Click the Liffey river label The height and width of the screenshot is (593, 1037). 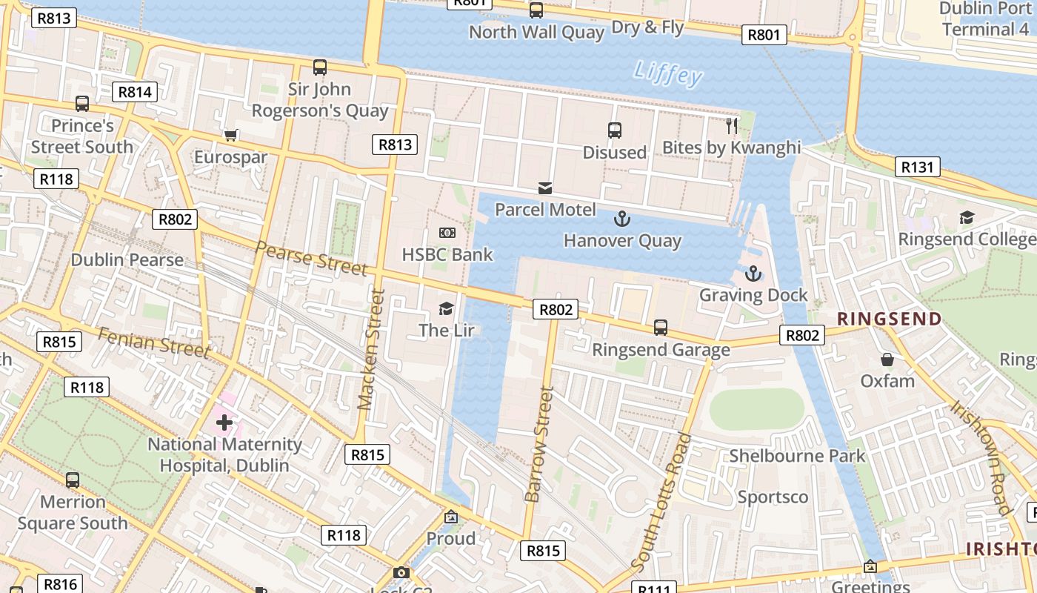(x=668, y=73)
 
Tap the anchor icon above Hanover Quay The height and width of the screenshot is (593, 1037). (x=622, y=219)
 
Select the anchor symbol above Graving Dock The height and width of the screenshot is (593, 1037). (x=753, y=274)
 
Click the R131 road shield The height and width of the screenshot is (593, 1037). (x=917, y=168)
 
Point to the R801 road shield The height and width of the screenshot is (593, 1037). (x=764, y=34)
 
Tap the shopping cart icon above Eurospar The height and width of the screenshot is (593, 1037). (x=230, y=135)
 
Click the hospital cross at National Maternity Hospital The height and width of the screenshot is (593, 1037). (x=224, y=423)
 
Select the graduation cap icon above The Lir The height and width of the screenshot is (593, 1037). (x=446, y=308)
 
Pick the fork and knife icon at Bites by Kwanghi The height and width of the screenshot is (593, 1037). (x=732, y=125)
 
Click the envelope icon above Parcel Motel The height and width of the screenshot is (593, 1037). (x=545, y=188)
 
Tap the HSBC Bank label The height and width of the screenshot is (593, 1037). (x=447, y=255)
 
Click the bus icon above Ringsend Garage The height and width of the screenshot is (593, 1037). (x=661, y=327)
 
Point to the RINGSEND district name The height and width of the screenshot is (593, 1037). (x=889, y=319)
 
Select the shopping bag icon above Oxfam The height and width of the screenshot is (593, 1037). (x=887, y=360)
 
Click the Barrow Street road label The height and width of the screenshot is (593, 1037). (x=539, y=445)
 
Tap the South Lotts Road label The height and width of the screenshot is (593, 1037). (x=662, y=503)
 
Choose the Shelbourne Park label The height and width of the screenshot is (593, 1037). (x=797, y=455)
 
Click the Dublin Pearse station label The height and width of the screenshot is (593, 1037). (x=127, y=260)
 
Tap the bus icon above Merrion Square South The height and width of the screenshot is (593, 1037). (x=73, y=480)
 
